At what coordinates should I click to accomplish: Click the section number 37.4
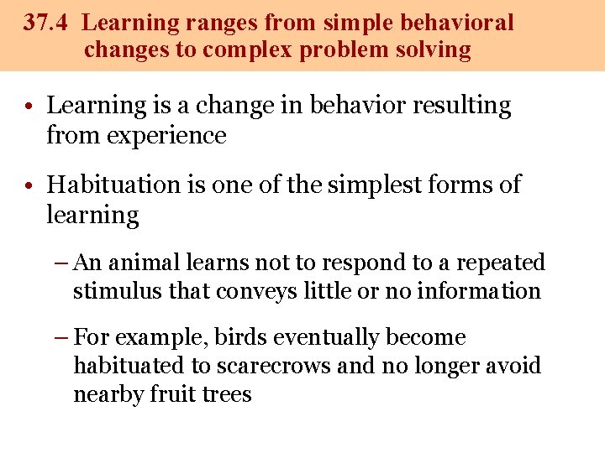point(47,23)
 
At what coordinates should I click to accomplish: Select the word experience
point(166,135)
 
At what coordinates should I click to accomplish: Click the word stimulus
point(109,291)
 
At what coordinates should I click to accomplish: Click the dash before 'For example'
point(61,337)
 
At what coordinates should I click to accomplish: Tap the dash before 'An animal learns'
point(61,263)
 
